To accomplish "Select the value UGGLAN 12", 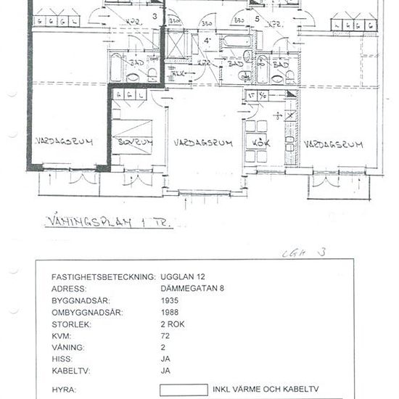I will click(x=183, y=277).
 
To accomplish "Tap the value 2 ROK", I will click(x=172, y=324).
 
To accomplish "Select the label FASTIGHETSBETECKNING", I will click(x=103, y=277).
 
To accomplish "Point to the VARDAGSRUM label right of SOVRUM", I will click(x=203, y=143).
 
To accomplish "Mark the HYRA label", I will click(x=64, y=390).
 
